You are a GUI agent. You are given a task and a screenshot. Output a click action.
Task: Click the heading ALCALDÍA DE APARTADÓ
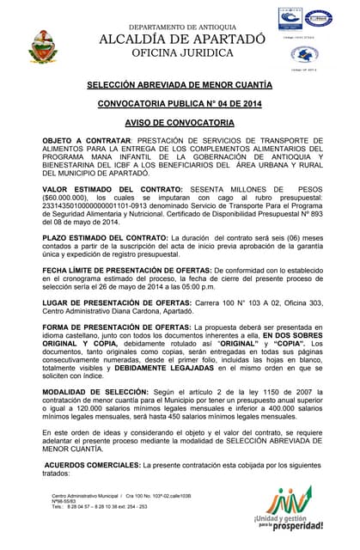coord(182,40)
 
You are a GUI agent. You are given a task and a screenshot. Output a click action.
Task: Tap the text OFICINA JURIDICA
coord(182,53)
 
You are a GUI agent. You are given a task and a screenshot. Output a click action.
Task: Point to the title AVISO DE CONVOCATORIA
coord(180,123)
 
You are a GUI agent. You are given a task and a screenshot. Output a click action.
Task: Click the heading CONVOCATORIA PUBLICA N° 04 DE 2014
coord(180,104)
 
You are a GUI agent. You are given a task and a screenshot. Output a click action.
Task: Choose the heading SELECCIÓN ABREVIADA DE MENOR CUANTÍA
coord(180,85)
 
